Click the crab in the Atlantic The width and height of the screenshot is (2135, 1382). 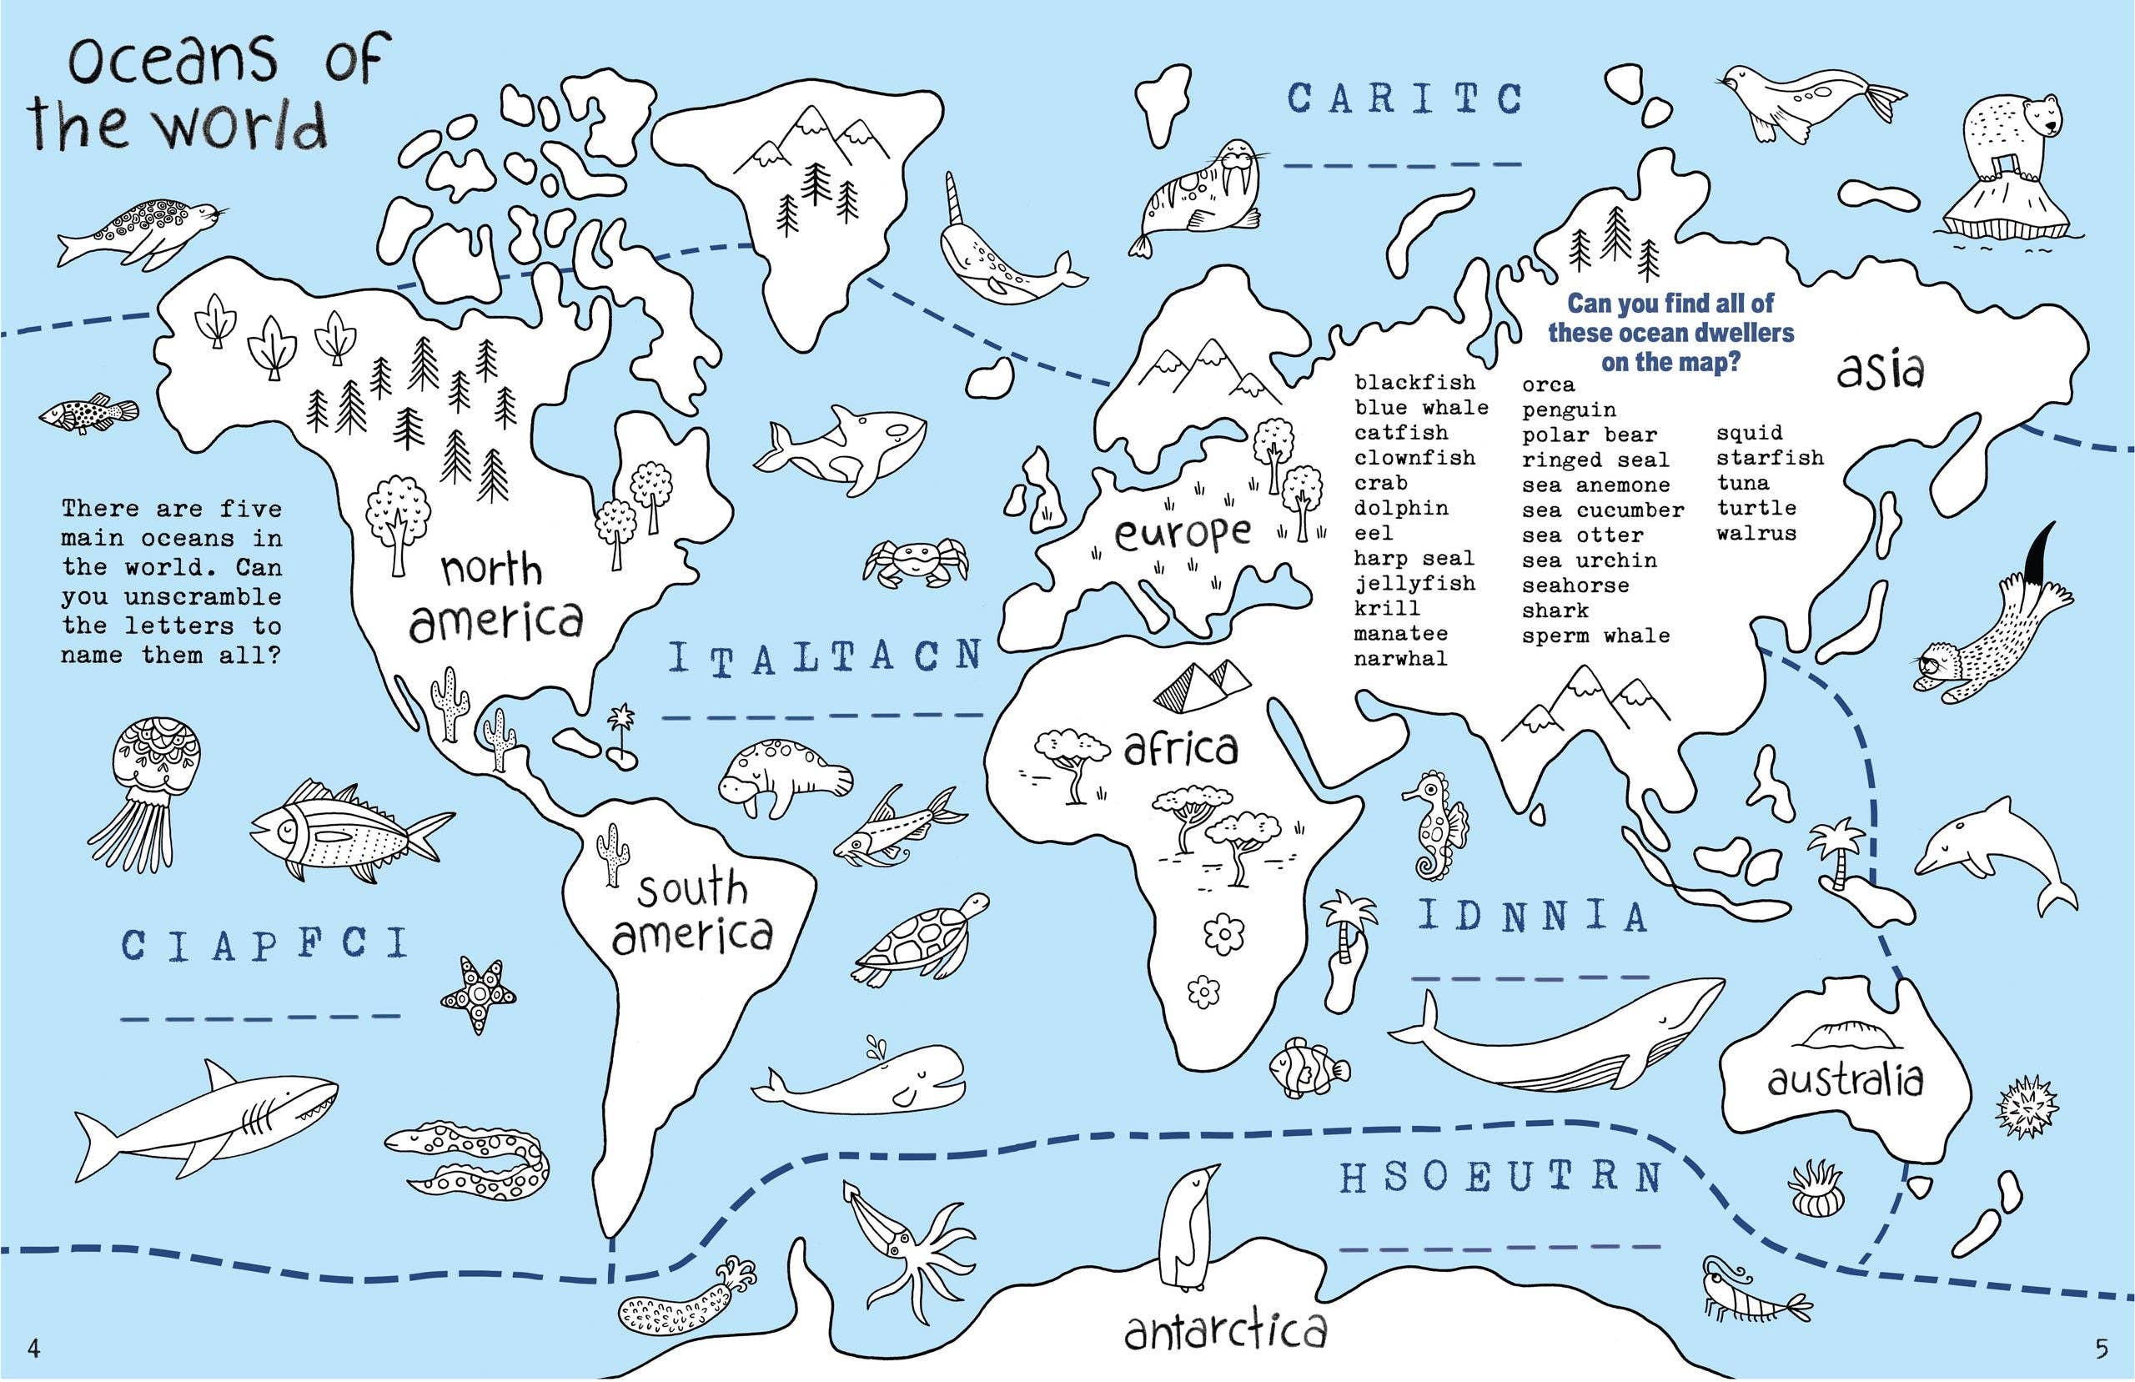[x=915, y=560]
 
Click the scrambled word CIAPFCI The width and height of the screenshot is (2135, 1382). [x=264, y=945]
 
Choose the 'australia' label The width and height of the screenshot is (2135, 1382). [x=1846, y=1079]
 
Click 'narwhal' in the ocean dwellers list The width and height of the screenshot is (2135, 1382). [x=1400, y=659]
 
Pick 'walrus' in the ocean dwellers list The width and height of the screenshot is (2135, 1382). [x=1756, y=533]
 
